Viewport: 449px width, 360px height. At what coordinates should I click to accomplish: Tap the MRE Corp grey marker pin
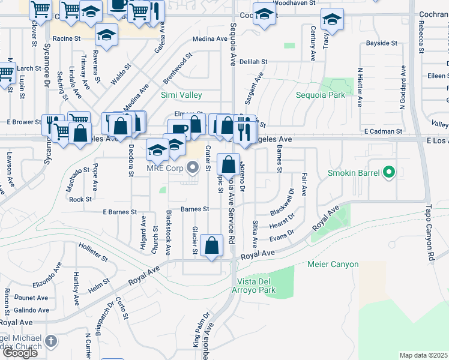pos(193,168)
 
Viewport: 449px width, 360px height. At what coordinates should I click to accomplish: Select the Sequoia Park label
pos(320,95)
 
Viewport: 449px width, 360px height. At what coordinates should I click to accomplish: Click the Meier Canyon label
pos(333,264)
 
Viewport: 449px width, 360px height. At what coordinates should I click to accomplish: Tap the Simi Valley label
pos(181,95)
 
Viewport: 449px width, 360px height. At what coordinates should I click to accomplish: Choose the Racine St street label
pos(66,38)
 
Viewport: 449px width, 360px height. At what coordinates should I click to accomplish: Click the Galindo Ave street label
pos(32,310)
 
